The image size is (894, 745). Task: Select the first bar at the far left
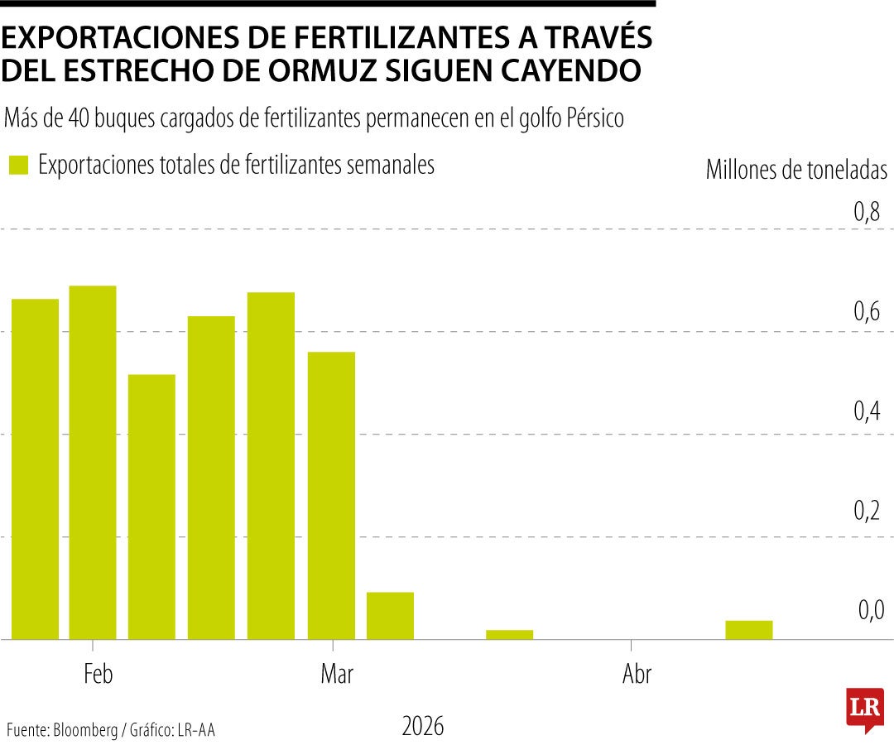pos(34,469)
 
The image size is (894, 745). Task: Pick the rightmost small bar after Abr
pos(748,630)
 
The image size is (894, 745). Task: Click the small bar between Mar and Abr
pos(509,635)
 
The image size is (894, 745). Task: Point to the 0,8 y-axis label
pos(868,214)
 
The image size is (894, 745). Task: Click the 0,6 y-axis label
pos(868,313)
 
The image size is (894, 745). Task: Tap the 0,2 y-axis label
pos(868,512)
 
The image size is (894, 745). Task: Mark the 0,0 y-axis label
pos(871,611)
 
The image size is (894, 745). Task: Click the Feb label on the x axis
pos(98,675)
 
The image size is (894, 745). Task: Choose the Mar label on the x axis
pos(336,675)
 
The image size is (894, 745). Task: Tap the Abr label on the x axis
pos(637,675)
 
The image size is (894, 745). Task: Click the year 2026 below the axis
pos(423,727)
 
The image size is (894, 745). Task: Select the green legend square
pos(18,165)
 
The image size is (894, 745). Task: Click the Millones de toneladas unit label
pos(795,170)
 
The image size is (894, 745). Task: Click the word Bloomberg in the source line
pos(85,730)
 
